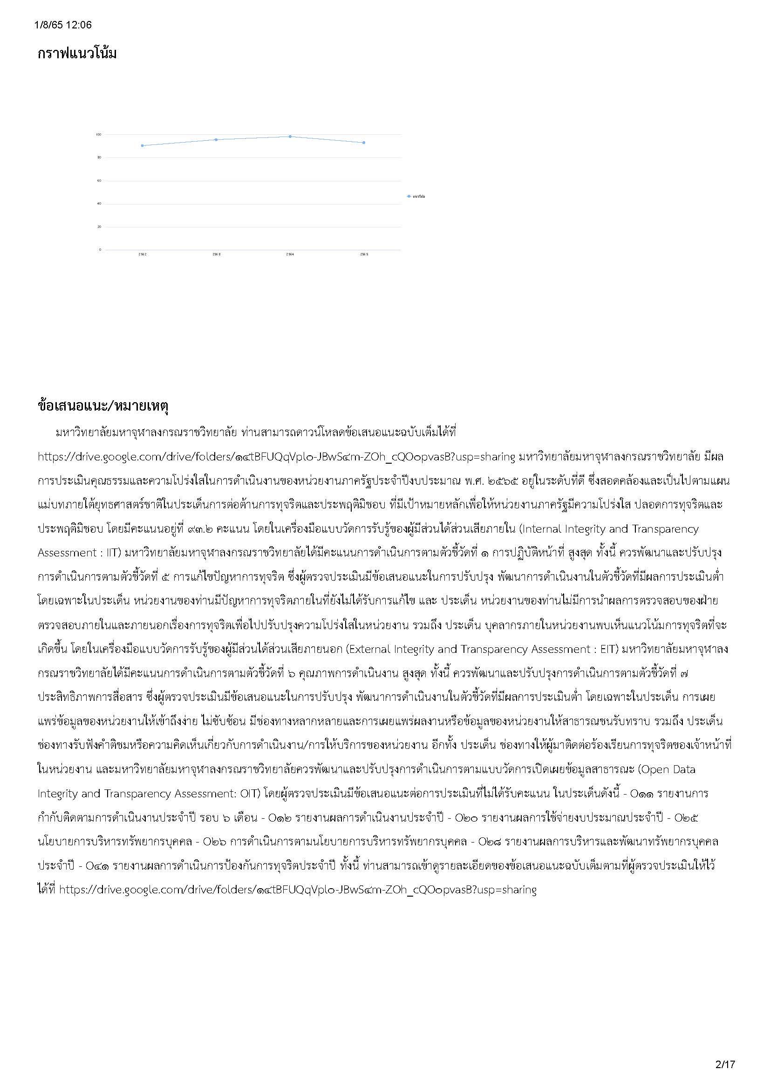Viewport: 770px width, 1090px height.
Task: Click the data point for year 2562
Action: [x=143, y=145]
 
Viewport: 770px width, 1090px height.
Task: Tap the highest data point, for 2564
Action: [x=290, y=137]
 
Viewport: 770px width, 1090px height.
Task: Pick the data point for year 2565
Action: [x=364, y=143]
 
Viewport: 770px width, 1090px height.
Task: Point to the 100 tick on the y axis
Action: [x=99, y=134]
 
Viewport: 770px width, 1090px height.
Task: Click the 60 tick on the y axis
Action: [x=99, y=180]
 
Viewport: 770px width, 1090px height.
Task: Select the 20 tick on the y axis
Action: [x=99, y=226]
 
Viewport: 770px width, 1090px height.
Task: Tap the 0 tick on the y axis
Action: [x=100, y=250]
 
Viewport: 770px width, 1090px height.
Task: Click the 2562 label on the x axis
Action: [x=143, y=255]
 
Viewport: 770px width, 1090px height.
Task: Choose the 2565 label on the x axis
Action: [x=364, y=255]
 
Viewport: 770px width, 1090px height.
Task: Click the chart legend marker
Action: [x=409, y=196]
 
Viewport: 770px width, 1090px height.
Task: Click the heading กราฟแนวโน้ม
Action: [x=77, y=53]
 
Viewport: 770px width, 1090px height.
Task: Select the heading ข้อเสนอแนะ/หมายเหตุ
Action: [x=103, y=406]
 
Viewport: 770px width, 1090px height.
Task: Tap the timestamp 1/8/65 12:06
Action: [x=63, y=25]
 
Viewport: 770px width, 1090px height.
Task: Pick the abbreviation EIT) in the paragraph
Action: [x=609, y=649]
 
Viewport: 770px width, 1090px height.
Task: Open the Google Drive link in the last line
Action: [x=298, y=889]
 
